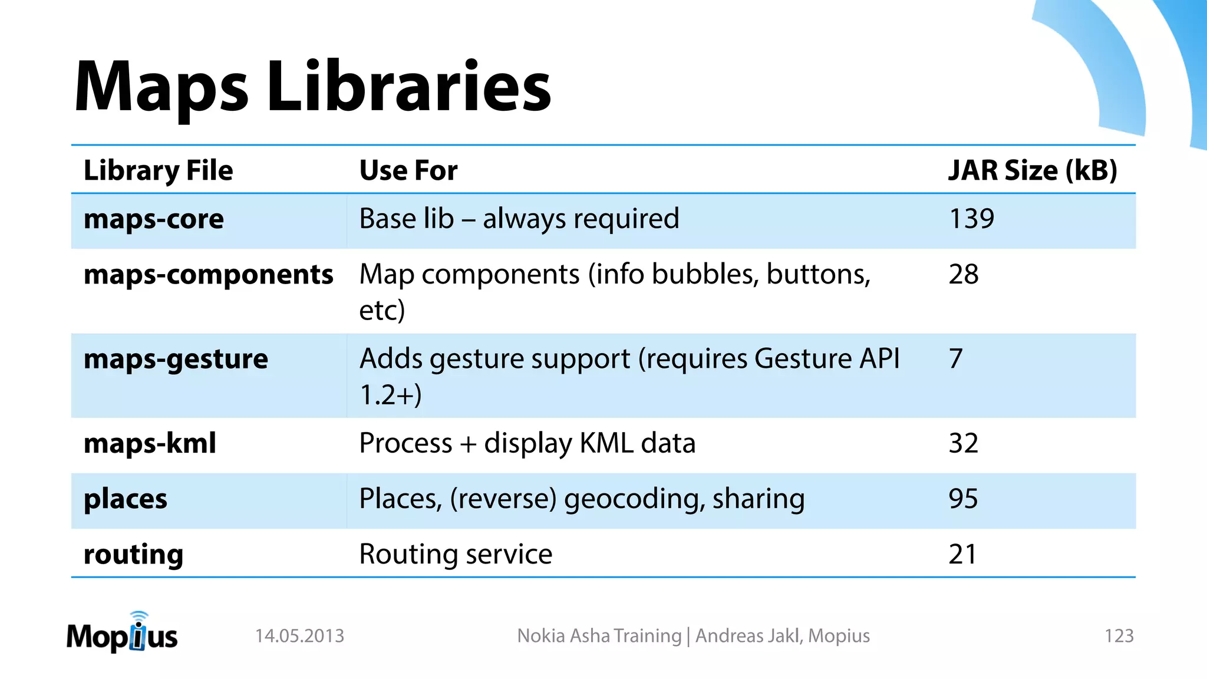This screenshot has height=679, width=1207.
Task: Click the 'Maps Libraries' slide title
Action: click(312, 87)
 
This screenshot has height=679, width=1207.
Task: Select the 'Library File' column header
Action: click(158, 170)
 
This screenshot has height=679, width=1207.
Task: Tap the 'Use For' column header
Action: click(408, 170)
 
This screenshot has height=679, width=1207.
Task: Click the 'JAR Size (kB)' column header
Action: click(1032, 170)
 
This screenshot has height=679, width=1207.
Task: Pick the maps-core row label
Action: click(154, 219)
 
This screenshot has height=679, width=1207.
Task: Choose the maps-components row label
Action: click(208, 275)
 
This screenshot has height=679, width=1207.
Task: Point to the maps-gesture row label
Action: click(176, 359)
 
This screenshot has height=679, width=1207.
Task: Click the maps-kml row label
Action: click(150, 443)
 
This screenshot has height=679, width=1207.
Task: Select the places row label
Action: click(126, 499)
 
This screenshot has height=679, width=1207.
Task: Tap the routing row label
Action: click(133, 555)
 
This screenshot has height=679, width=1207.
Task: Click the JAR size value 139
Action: click(971, 219)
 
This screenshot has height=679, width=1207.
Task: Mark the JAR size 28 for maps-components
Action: click(963, 274)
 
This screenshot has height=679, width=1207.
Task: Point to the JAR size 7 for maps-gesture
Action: click(955, 358)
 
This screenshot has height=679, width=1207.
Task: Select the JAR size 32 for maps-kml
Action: click(963, 443)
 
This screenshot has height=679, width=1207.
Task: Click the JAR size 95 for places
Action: click(963, 499)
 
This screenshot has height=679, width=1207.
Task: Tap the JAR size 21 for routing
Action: click(962, 554)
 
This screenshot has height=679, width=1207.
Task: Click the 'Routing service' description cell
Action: click(456, 554)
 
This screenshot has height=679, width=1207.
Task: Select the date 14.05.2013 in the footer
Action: click(299, 636)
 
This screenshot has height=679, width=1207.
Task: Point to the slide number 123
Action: click(1119, 636)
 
